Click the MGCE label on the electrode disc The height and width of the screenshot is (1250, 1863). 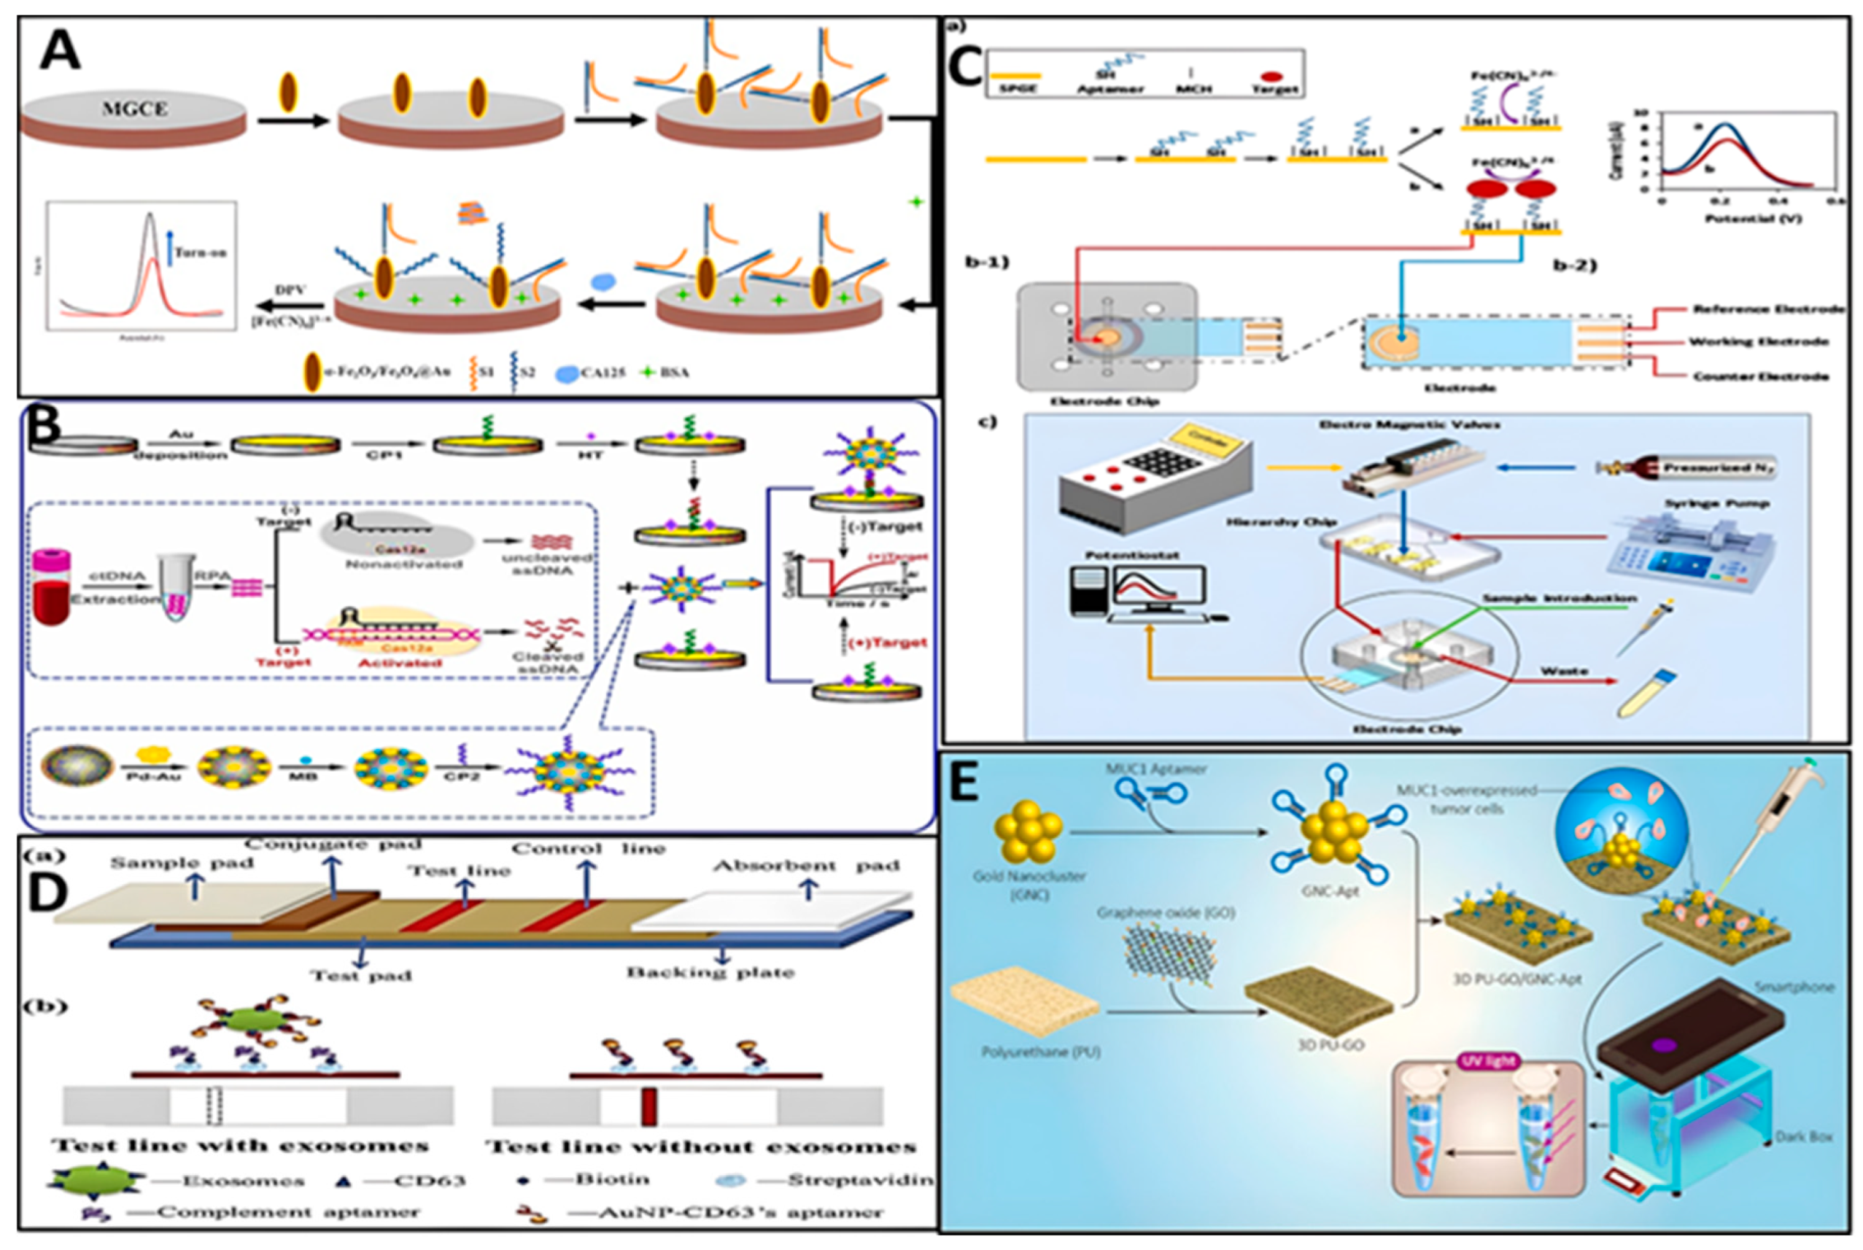tap(134, 109)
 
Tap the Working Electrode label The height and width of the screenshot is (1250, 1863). tap(1758, 342)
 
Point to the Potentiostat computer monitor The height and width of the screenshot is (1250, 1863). tap(1159, 594)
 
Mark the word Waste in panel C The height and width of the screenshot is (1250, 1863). tap(1562, 671)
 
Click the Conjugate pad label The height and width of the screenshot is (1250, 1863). tap(333, 845)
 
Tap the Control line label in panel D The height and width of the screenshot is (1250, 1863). tap(589, 849)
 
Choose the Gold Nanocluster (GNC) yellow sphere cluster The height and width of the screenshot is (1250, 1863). tap(1029, 832)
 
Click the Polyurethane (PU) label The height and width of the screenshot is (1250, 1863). tap(1040, 1052)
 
